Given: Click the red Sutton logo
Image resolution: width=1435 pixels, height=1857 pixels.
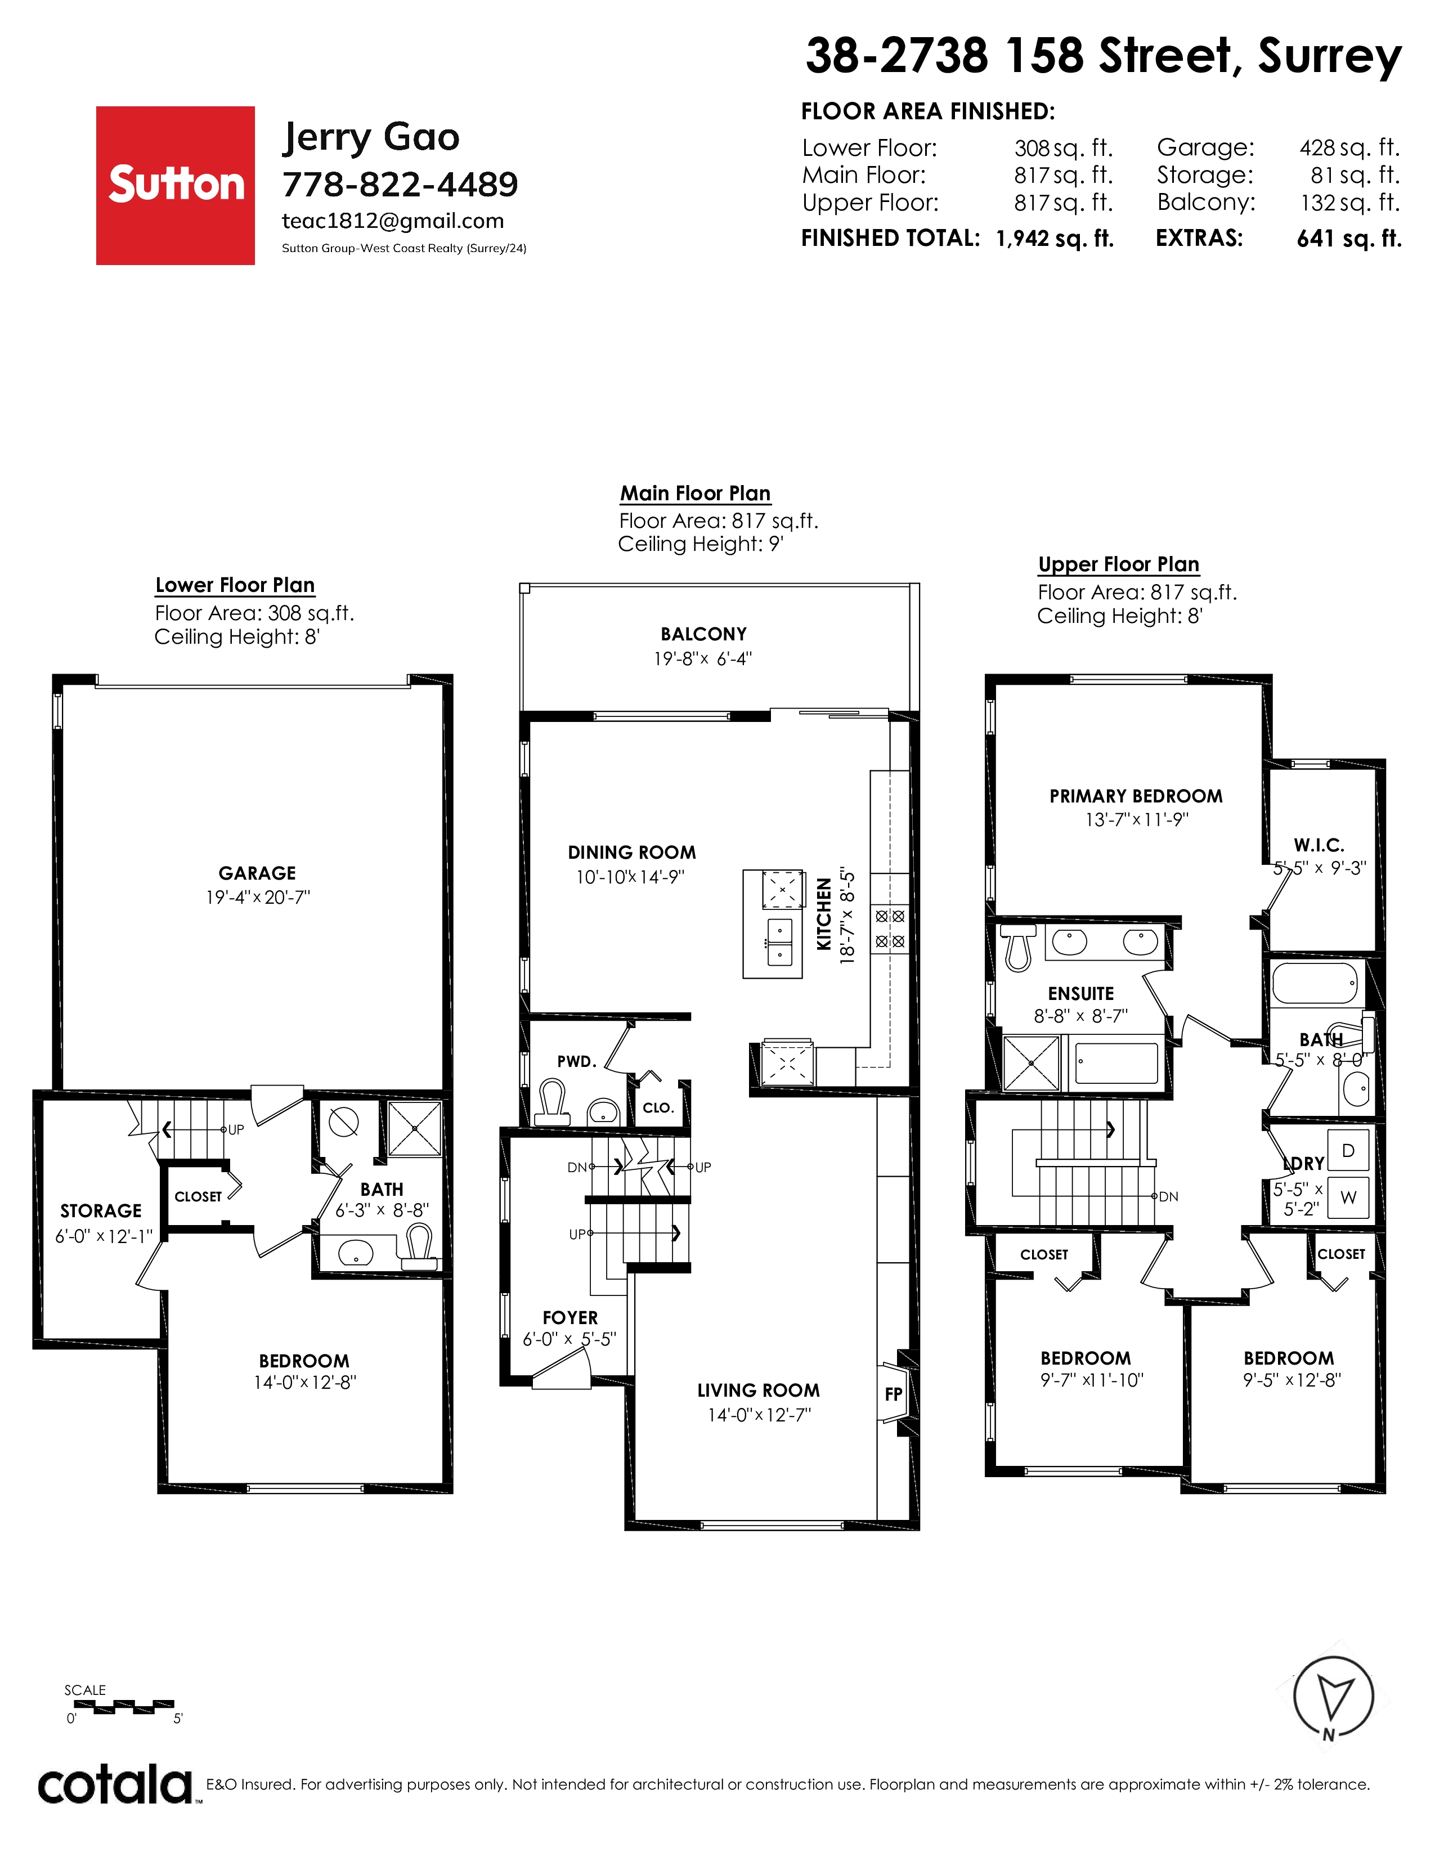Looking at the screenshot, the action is pyautogui.click(x=175, y=185).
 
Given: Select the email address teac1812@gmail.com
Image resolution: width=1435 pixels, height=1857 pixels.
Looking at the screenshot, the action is pyautogui.click(x=393, y=221).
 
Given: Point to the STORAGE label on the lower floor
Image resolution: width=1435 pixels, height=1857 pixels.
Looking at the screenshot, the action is pyautogui.click(x=101, y=1211).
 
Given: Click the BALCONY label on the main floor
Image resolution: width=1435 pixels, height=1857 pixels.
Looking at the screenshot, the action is pyautogui.click(x=704, y=634).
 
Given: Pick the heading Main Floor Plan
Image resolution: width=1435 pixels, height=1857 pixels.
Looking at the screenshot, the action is pyautogui.click(x=696, y=493).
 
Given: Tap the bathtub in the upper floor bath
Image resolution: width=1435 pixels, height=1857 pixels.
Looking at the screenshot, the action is pyautogui.click(x=1314, y=984).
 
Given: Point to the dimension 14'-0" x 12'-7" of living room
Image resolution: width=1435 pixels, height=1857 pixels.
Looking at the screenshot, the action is pyautogui.click(x=759, y=1415).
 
